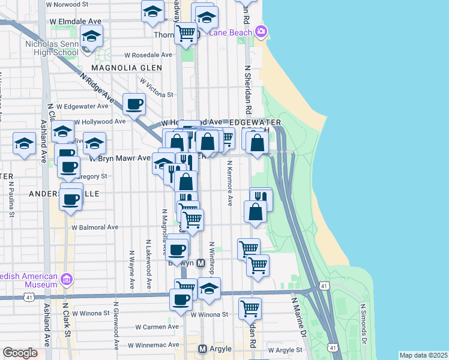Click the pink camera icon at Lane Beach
[261, 31]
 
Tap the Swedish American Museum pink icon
[67, 280]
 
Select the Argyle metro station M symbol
[203, 349]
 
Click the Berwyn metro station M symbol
[201, 263]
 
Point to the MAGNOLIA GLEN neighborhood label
[127, 68]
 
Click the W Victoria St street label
[157, 87]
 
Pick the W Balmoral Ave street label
[95, 227]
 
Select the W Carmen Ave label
[157, 327]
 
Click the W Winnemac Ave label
[153, 345]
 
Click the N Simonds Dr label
[363, 324]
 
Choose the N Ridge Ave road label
[97, 88]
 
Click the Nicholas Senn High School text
[52, 48]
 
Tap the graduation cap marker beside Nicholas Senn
[91, 36]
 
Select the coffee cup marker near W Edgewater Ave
[134, 104]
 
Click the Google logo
[20, 353]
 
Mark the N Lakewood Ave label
[148, 264]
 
